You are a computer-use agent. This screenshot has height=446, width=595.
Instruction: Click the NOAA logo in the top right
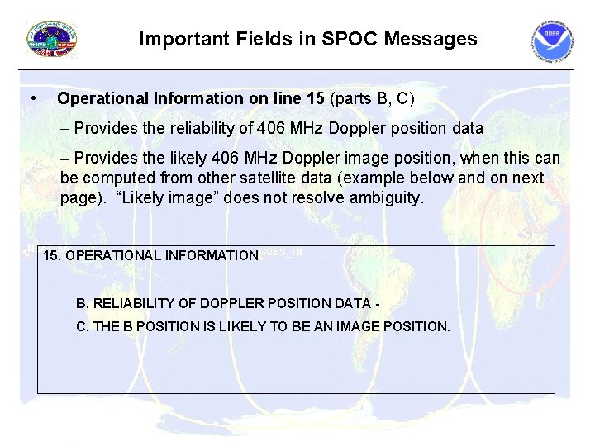pos(551,42)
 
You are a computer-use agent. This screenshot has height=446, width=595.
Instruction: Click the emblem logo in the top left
pos(52,40)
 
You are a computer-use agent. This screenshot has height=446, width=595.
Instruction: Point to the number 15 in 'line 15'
pos(315,99)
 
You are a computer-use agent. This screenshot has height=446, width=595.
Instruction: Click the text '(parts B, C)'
pos(372,99)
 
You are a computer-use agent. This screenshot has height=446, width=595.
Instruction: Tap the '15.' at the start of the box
pos(52,255)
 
